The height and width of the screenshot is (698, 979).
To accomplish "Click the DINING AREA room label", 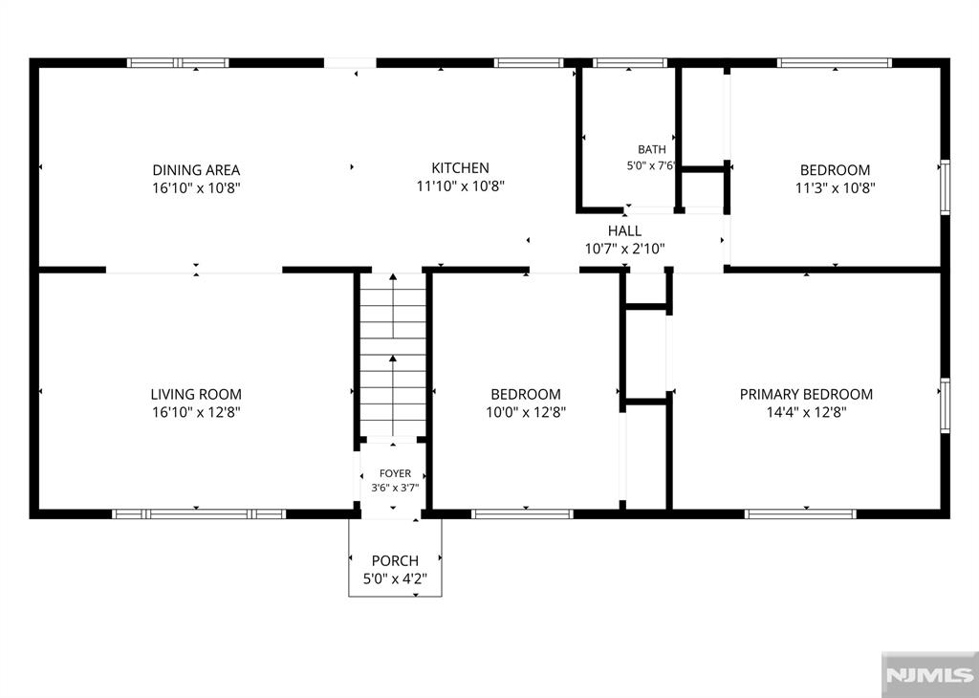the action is coord(196,170).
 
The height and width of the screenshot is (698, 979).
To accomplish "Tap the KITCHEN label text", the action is coord(460,168).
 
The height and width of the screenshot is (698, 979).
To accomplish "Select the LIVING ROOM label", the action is coord(196,394).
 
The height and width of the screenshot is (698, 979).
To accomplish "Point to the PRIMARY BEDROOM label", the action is coord(806,394).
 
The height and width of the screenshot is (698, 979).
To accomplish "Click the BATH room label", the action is coord(652,150).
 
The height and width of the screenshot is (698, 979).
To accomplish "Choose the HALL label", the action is coord(624,231).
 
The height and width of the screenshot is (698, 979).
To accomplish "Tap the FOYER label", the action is coord(395,474).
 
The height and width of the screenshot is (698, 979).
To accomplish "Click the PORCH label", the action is coord(395,560).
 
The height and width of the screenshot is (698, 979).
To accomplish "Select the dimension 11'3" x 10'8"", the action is coord(835,187).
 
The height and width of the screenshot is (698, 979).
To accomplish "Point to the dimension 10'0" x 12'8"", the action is coord(526,412).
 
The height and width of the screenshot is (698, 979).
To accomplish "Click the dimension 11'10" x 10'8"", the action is coord(460,186).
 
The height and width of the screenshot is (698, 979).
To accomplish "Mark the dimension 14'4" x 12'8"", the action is coord(806,412).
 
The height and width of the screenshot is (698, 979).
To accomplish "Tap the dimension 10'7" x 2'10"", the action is coord(624,250).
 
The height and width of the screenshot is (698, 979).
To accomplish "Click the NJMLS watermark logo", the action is coord(929,675).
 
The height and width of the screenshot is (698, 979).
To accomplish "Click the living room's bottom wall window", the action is coord(199,514).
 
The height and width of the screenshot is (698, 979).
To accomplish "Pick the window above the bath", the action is coord(630,62).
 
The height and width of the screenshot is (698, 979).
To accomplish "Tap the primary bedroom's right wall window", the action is coord(946,405).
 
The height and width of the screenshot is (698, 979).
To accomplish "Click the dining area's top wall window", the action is coord(178,62).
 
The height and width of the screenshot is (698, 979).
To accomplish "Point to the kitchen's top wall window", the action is coord(529,62).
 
